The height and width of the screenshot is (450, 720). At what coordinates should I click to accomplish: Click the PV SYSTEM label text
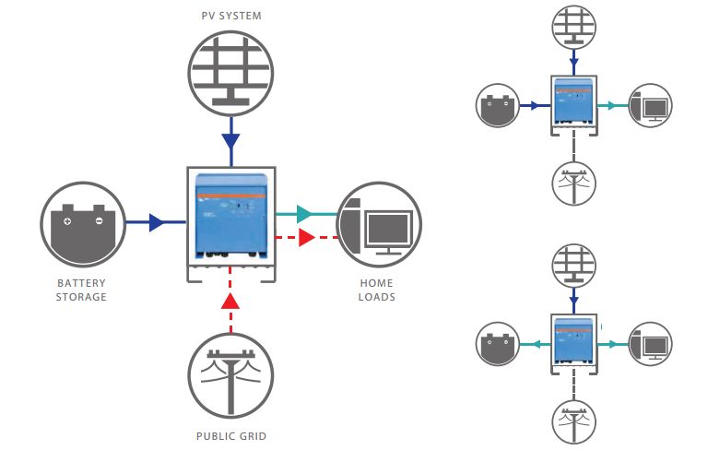[230, 17]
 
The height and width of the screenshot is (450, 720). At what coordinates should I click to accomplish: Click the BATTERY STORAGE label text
[83, 290]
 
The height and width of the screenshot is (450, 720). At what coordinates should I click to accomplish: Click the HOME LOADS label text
[377, 290]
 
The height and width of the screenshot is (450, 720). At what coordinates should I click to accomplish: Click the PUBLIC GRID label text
[230, 435]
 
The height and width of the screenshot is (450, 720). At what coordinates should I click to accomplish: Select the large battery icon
[83, 224]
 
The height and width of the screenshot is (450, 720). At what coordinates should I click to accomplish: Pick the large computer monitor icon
[379, 224]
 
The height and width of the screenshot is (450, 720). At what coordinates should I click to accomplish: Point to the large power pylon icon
[230, 373]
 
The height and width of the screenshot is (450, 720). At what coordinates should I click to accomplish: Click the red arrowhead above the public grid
[230, 301]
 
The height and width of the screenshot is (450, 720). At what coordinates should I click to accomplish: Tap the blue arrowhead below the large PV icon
[230, 141]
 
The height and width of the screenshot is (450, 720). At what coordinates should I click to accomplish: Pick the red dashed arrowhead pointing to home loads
[307, 237]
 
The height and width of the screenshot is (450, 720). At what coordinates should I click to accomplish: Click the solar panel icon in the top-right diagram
[574, 28]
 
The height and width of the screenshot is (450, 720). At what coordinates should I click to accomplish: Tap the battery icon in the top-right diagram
[500, 106]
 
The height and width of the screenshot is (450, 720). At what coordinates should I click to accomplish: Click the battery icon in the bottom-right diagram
[500, 345]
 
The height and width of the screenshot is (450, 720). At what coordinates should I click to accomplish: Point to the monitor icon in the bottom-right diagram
[650, 345]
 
